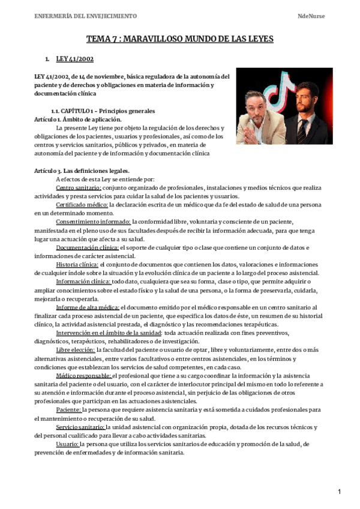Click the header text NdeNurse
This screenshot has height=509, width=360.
point(310,16)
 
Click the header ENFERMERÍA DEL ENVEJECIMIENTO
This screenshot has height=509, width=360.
point(86,16)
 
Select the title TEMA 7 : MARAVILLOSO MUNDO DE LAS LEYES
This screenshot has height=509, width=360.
point(180,39)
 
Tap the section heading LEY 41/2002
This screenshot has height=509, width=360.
point(74,59)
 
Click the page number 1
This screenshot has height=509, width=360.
point(340,492)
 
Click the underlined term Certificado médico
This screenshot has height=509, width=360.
point(82,204)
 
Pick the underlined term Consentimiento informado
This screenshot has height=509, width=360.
point(93,221)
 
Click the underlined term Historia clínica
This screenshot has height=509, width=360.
point(77,264)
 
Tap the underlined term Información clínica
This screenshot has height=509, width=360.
point(83,281)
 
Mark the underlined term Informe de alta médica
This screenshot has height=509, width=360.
point(87,307)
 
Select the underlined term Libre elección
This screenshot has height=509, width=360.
point(75,349)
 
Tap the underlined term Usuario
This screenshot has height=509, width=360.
point(68,444)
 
